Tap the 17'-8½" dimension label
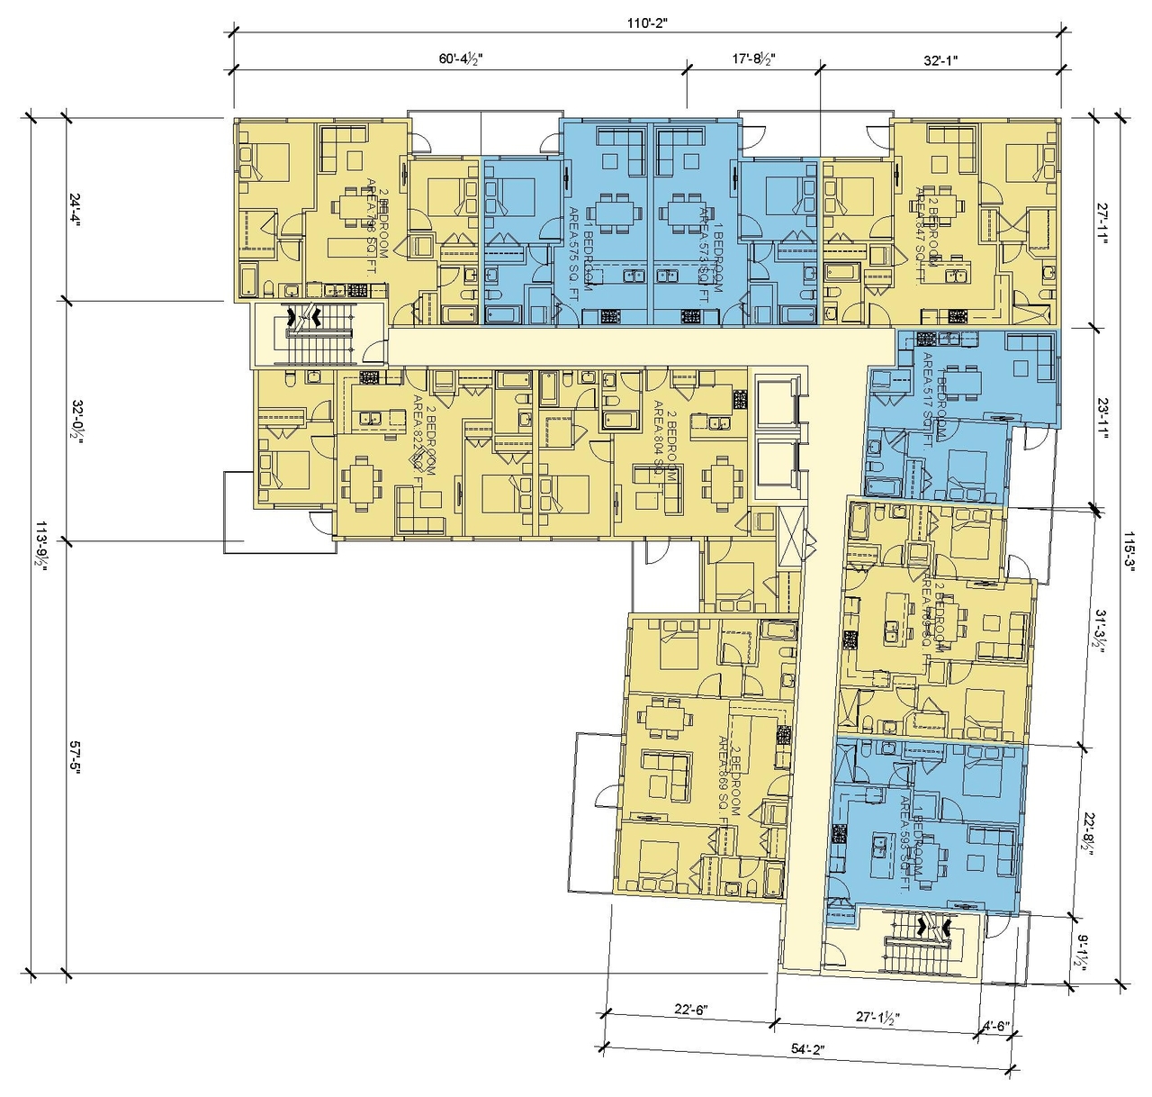pyautogui.click(x=754, y=59)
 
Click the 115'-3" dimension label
pyautogui.click(x=1130, y=546)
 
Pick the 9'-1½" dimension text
pyautogui.click(x=1084, y=950)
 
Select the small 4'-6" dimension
pyautogui.click(x=996, y=1025)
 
